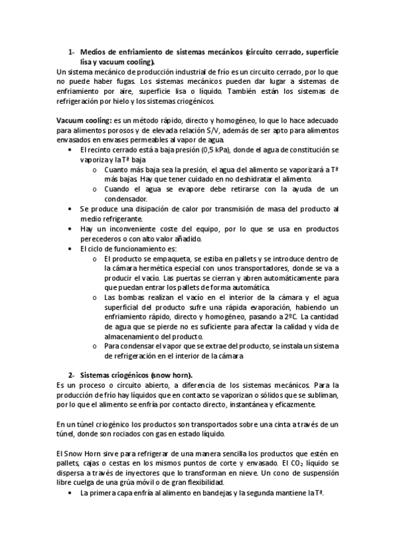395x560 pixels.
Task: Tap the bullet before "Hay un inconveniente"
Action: [72, 228]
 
